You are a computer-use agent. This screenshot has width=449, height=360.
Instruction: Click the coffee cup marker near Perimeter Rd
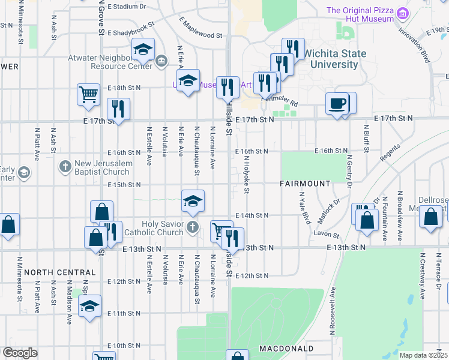pyautogui.click(x=337, y=103)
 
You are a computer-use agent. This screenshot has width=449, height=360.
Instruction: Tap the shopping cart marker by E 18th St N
pyautogui.click(x=88, y=94)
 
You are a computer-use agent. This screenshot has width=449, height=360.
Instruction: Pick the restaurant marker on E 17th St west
pyautogui.click(x=118, y=109)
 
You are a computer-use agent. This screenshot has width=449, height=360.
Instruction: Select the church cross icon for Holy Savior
pyautogui.click(x=192, y=227)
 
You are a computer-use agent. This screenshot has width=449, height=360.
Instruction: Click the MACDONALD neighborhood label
pyautogui.click(x=286, y=349)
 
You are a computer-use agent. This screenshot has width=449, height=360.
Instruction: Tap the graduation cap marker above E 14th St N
pyautogui.click(x=193, y=201)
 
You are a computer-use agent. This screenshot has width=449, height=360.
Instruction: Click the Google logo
pyautogui.click(x=20, y=353)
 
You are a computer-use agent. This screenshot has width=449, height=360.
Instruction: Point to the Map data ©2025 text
pyautogui.click(x=423, y=355)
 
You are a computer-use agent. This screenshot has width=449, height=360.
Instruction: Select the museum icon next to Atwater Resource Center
pyautogui.click(x=161, y=61)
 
